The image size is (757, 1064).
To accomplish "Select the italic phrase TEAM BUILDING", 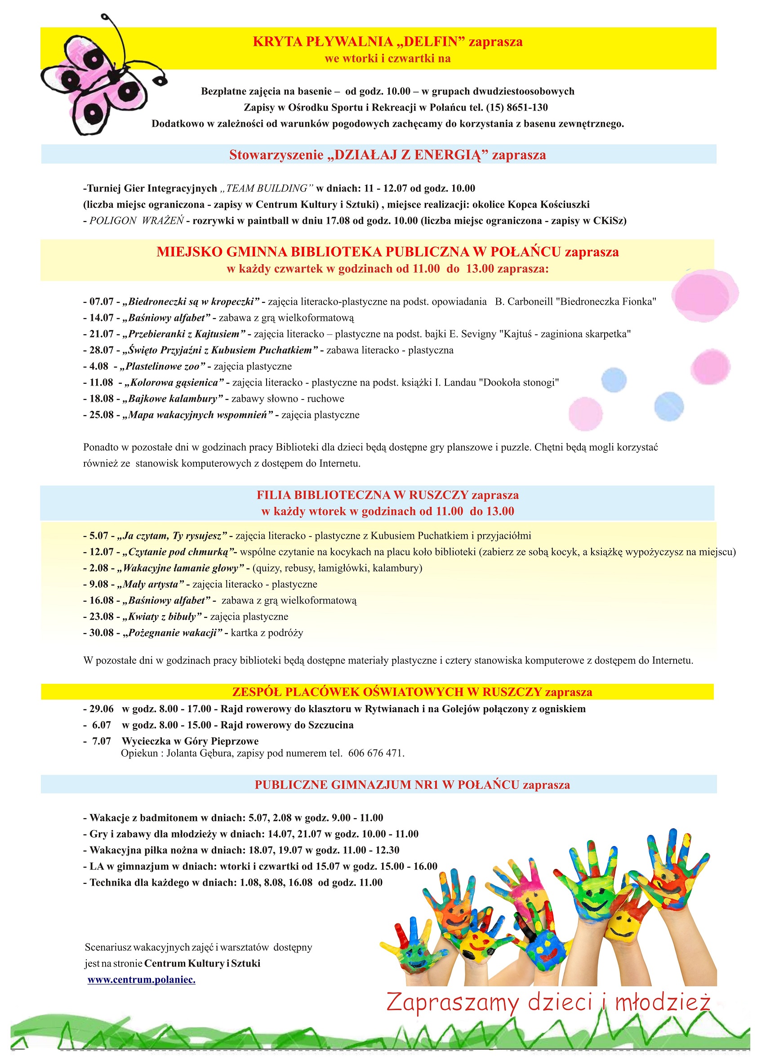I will pos(267,188).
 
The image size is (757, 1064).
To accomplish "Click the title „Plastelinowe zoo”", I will pos(162,367).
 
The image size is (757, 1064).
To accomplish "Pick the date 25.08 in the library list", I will pos(101,415).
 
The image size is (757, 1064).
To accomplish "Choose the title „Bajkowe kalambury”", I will pos(172,399).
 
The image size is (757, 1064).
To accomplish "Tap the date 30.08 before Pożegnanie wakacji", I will pos(101,633).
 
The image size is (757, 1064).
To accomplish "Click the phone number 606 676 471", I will pos(376,753).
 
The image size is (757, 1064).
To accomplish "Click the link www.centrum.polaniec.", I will pos(141,980).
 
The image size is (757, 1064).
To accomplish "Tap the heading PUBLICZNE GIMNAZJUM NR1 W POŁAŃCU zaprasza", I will pos(412,785).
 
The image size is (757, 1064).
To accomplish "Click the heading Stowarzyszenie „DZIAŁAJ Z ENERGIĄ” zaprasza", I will pos(387,155).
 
